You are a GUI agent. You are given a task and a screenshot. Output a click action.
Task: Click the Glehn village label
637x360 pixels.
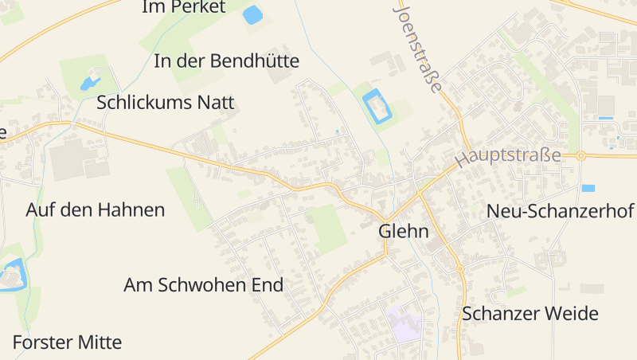pyautogui.click(x=403, y=232)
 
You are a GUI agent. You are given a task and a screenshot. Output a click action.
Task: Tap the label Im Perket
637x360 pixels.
pyautogui.click(x=184, y=7)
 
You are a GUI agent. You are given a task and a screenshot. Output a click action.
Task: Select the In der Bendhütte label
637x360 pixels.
pyautogui.click(x=227, y=61)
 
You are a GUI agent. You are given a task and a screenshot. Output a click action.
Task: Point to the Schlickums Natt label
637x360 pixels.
pyautogui.click(x=166, y=103)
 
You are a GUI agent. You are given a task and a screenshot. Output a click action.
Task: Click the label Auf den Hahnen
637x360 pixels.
pyautogui.click(x=96, y=210)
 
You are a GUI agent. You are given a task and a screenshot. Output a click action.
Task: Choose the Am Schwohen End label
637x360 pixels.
pyautogui.click(x=204, y=285)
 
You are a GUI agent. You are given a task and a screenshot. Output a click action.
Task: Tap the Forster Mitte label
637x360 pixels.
pyautogui.click(x=68, y=342)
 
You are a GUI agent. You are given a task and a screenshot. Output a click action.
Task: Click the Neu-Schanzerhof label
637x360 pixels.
pyautogui.click(x=560, y=211)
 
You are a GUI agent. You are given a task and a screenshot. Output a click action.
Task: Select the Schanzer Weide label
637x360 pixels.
pyautogui.click(x=530, y=313)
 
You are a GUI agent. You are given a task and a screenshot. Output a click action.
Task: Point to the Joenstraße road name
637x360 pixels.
pyautogui.click(x=417, y=48)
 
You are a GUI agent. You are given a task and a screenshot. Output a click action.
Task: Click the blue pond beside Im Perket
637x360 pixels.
pyautogui.click(x=252, y=14)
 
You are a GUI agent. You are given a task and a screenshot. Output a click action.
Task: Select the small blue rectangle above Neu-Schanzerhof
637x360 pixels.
pyautogui.click(x=588, y=189)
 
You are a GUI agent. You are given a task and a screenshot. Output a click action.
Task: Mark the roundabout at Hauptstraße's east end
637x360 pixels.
pyautogui.click(x=581, y=155)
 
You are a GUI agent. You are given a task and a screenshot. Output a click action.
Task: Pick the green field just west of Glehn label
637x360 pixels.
pyautogui.click(x=326, y=226)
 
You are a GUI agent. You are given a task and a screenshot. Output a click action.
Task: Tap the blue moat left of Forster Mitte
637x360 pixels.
pyautogui.click(x=11, y=277)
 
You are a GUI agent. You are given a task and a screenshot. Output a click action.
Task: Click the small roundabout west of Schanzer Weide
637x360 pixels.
pyautogui.click(x=460, y=269)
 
